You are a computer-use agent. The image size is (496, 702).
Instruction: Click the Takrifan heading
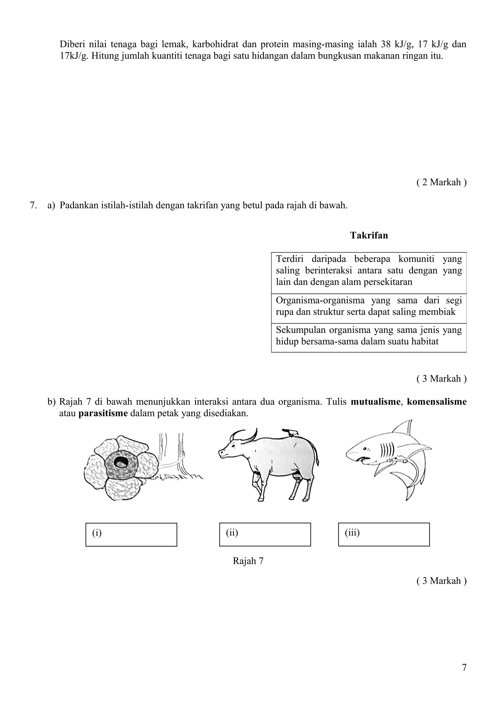(369, 235)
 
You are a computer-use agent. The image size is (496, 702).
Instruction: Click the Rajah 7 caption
(248, 561)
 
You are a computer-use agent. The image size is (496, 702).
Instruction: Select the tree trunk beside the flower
(173, 452)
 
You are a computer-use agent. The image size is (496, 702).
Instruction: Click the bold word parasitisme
(103, 413)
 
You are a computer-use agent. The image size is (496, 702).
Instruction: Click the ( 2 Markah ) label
(441, 182)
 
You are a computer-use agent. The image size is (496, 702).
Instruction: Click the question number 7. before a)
(33, 205)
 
